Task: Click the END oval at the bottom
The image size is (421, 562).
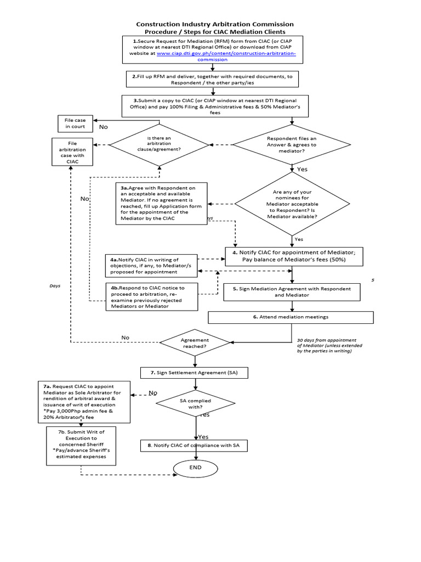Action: coord(196,468)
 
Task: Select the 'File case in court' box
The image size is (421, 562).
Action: coord(75,123)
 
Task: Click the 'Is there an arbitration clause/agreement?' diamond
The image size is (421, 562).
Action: coord(159,145)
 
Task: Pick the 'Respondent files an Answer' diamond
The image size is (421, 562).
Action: coord(291,145)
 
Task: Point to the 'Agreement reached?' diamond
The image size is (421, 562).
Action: coord(195,344)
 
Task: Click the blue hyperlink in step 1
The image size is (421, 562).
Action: coord(226,57)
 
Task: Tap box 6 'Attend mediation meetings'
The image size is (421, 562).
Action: coord(291,317)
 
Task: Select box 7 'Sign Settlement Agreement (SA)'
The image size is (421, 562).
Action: coord(195,373)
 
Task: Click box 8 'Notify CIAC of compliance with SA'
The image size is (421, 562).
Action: coord(194,445)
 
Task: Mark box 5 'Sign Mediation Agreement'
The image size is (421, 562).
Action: coord(291,291)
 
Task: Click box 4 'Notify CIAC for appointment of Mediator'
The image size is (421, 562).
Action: coord(291,256)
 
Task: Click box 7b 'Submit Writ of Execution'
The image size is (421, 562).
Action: coord(81,446)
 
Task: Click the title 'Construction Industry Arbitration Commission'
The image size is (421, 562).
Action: coord(214,24)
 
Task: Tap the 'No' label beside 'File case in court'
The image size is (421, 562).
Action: coord(103,127)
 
